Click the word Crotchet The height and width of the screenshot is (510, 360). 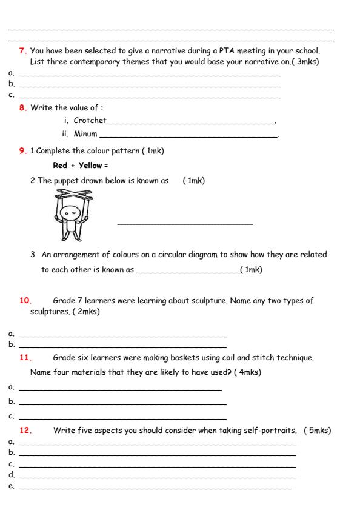click(x=89, y=121)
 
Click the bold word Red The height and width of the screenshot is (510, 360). click(x=60, y=166)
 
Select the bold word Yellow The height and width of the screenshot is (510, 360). click(x=88, y=166)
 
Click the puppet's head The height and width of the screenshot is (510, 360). click(x=73, y=214)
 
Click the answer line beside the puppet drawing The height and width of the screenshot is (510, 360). click(x=185, y=224)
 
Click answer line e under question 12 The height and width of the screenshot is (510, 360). click(x=155, y=488)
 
